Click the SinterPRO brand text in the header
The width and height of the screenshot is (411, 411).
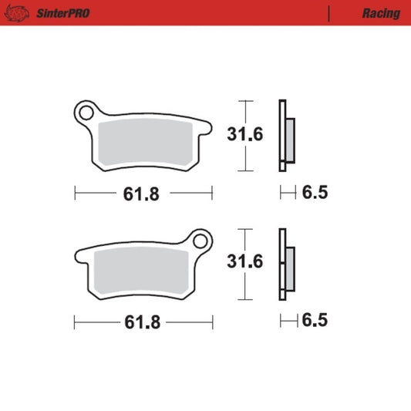coord(59,13)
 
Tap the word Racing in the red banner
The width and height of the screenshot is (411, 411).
coord(380,13)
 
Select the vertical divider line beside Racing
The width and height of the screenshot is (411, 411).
coord(329,13)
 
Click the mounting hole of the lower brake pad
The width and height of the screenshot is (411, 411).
coord(200,241)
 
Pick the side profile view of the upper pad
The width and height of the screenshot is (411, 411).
coord(285,136)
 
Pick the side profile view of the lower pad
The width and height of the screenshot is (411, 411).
coord(285,264)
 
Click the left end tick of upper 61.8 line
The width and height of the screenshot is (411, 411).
coord(74,193)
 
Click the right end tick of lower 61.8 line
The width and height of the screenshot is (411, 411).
coord(212,322)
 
